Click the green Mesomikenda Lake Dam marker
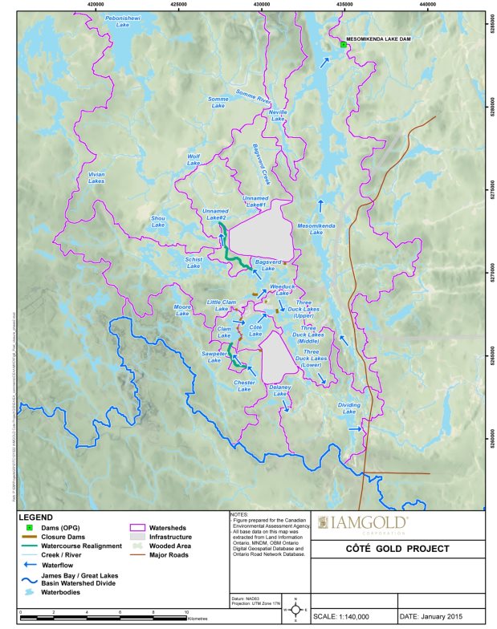[x=343, y=45]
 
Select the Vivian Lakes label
[x=96, y=179]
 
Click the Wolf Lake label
[x=194, y=160]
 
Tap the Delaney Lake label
[x=279, y=391]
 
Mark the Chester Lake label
[x=244, y=387]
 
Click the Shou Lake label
[x=157, y=222]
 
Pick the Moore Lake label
[x=182, y=309]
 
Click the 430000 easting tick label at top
[x=262, y=6]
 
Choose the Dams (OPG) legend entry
[x=51, y=528]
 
